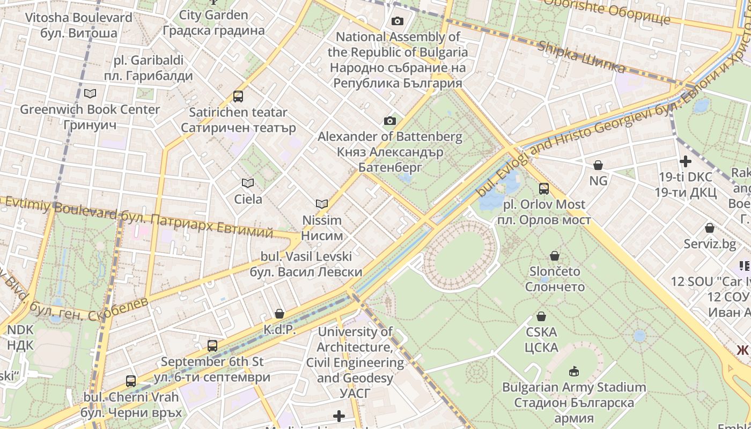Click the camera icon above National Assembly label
point(397,21)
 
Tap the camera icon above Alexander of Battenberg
point(389,121)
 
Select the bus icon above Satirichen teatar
point(238,97)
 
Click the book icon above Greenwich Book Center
point(90,94)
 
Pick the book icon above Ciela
point(248,183)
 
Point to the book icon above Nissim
point(322,204)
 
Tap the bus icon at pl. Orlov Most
point(544,189)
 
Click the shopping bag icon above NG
point(598,165)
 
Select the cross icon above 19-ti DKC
point(685,161)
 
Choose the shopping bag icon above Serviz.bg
point(710,228)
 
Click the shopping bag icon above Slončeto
point(555,256)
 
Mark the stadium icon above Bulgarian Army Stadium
point(573,371)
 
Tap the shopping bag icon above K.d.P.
point(279,314)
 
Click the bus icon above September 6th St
point(212,346)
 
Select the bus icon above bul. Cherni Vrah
point(131,382)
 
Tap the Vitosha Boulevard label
point(79,25)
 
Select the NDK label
point(20,337)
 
